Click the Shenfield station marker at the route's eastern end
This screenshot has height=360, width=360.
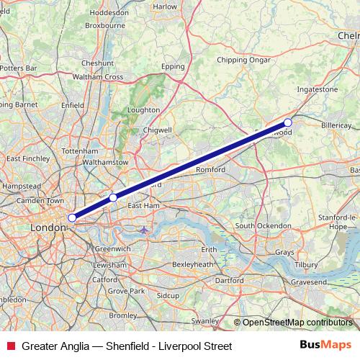click(x=288, y=123)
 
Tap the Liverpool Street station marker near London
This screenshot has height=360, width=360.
click(x=72, y=217)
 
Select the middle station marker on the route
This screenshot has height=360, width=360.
click(x=113, y=197)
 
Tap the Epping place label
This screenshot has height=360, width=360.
click(x=174, y=66)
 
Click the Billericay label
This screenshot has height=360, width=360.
click(x=336, y=125)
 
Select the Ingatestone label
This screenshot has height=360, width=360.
click(x=318, y=90)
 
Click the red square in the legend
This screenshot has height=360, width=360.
click(x=9, y=346)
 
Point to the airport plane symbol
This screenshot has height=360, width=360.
click(x=145, y=230)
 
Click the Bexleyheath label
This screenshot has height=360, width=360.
click(x=194, y=264)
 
